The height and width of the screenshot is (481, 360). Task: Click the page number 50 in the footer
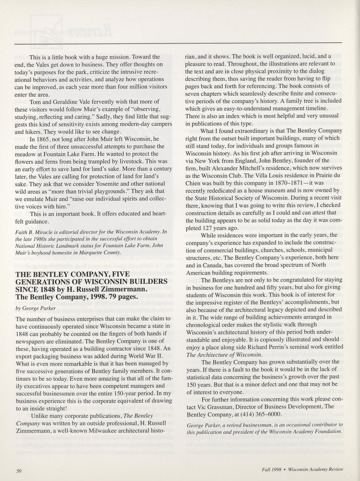point(19,471)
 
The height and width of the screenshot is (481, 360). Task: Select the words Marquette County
point(100,252)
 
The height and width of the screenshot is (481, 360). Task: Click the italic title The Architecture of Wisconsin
point(224,354)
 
